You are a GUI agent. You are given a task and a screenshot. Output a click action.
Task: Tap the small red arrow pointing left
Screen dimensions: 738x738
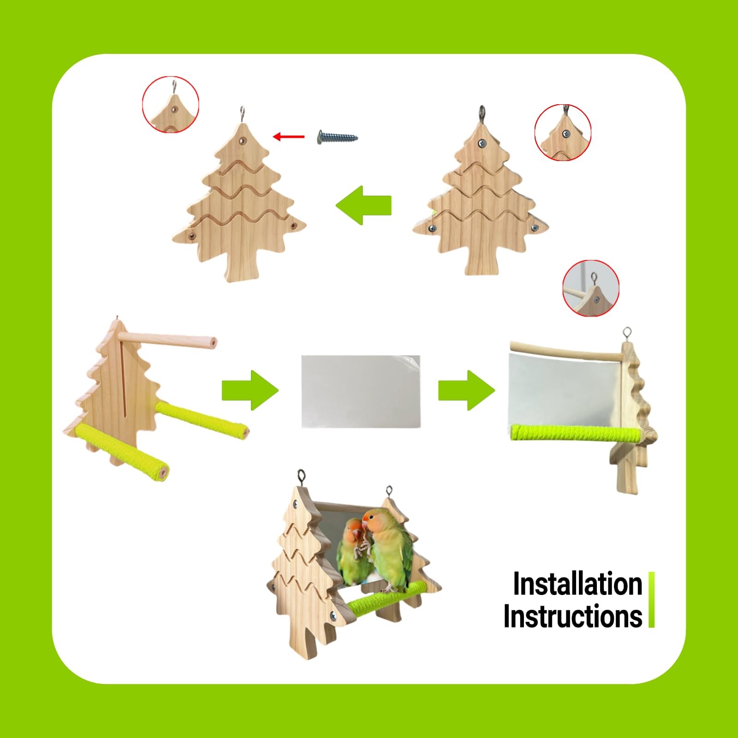pyautogui.click(x=289, y=137)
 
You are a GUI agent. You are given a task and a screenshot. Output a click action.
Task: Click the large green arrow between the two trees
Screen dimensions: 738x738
pyautogui.click(x=364, y=205)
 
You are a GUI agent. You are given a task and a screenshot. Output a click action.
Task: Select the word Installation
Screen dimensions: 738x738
pyautogui.click(x=577, y=584)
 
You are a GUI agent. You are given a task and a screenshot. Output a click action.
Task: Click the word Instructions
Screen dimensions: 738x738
pyautogui.click(x=572, y=616)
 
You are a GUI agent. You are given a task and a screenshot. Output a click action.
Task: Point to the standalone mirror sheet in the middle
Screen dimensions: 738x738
pyautogui.click(x=361, y=391)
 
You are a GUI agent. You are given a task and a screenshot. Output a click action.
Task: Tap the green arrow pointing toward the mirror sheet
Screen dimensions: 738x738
pyautogui.click(x=250, y=390)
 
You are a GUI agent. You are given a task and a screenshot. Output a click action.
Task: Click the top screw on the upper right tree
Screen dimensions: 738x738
pyautogui.click(x=482, y=143)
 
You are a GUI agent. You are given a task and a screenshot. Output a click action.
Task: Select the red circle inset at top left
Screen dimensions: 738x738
pyautogui.click(x=170, y=105)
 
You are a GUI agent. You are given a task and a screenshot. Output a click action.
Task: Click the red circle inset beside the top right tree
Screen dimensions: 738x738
pyautogui.click(x=563, y=132)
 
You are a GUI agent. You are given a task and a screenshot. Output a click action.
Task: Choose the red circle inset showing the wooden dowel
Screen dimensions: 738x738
pyautogui.click(x=591, y=288)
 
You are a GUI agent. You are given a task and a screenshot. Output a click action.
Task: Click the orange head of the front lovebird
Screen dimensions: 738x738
pyautogui.click(x=373, y=519)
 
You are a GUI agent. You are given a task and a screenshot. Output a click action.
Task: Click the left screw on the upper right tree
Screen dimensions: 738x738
pyautogui.click(x=432, y=228)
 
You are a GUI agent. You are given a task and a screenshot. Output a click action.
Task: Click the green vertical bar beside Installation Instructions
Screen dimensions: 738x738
pyautogui.click(x=651, y=600)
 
